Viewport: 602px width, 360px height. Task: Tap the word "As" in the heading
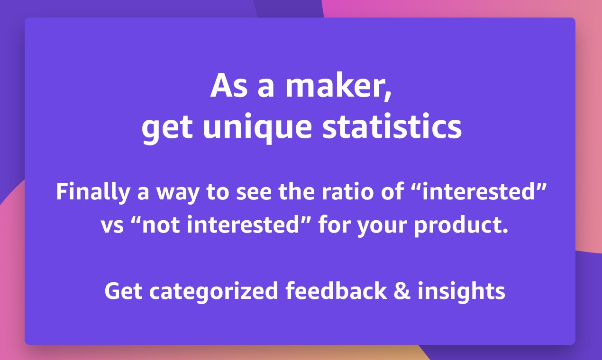228,85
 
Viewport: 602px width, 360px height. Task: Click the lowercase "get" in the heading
167,129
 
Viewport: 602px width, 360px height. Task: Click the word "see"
254,194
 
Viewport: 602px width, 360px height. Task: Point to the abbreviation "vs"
112,226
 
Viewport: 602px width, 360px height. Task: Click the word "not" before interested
161,225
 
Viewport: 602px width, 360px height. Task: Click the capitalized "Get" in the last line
123,291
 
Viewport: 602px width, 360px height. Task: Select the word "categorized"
214,292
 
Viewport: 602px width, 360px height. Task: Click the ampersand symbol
402,291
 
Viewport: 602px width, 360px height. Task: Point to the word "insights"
461,292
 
